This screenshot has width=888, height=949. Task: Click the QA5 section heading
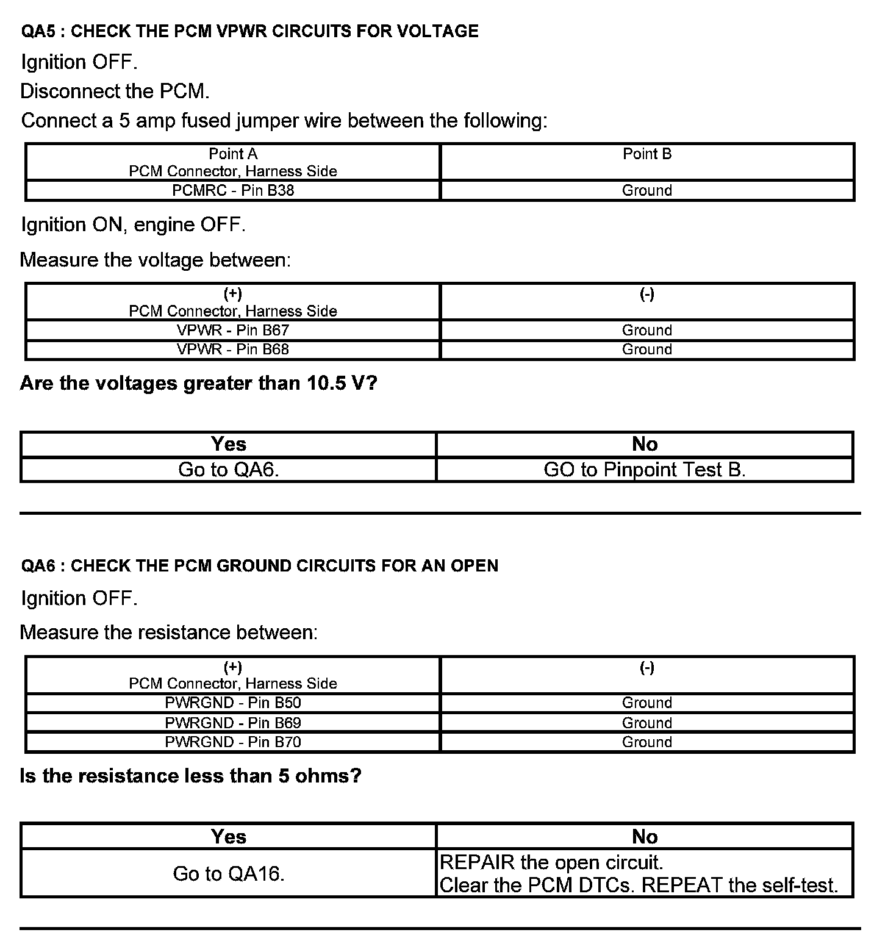[249, 31]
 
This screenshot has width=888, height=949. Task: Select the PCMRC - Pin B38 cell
[233, 190]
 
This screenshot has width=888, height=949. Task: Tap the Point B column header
[646, 154]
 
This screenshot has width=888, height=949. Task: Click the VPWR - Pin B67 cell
[233, 330]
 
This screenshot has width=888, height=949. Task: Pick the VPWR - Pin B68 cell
[233, 349]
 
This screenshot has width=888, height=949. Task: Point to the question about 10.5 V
[199, 383]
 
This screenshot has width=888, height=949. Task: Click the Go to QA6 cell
[229, 470]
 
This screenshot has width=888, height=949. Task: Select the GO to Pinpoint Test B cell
[645, 470]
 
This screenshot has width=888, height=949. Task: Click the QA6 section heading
[259, 565]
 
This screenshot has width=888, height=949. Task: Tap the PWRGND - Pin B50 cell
[233, 703]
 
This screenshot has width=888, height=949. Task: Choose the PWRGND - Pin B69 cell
[233, 723]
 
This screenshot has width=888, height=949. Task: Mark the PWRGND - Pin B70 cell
[233, 742]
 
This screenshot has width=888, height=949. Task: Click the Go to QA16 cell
[229, 873]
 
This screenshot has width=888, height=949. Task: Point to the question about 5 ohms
[191, 776]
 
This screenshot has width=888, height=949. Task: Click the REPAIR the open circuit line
[551, 862]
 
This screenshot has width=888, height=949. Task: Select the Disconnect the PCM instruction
[115, 91]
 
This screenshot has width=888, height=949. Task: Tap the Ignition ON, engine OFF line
[133, 225]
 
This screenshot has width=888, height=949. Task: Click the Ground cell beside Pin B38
[646, 190]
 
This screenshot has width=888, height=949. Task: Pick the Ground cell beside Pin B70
[646, 742]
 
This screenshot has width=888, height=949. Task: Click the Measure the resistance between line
[169, 632]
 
